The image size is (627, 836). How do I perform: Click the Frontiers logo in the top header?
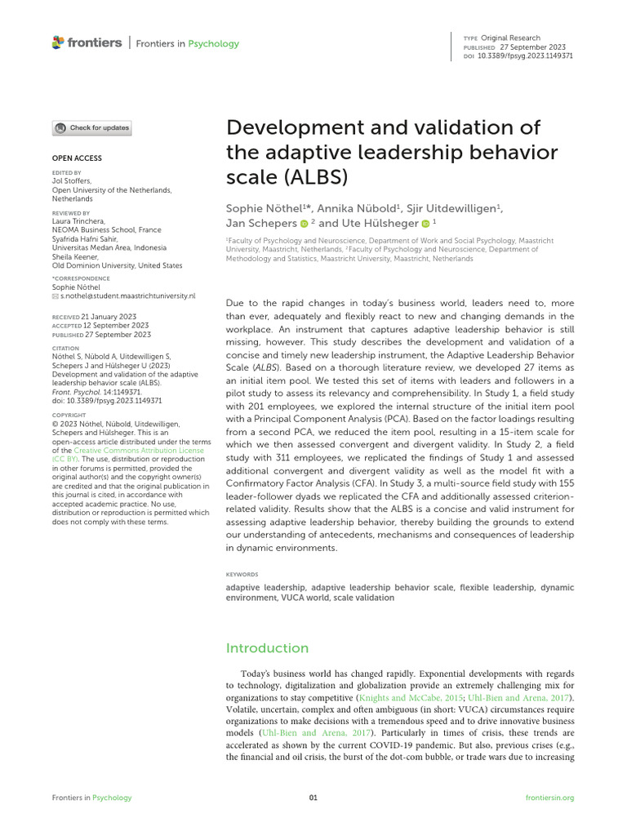click(87, 42)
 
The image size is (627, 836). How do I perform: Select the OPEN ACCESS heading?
click(77, 158)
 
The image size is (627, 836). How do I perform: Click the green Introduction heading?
click(267, 647)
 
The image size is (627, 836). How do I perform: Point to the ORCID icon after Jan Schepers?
click(304, 223)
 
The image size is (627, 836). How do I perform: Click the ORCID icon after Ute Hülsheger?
click(425, 223)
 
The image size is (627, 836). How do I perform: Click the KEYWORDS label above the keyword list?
click(242, 574)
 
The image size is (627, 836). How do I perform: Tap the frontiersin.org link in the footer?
click(549, 798)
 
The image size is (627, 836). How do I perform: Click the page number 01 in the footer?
click(313, 798)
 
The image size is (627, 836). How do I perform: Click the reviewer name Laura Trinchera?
click(78, 221)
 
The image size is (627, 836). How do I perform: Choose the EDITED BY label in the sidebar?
click(66, 173)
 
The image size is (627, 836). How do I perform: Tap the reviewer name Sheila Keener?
click(76, 257)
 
